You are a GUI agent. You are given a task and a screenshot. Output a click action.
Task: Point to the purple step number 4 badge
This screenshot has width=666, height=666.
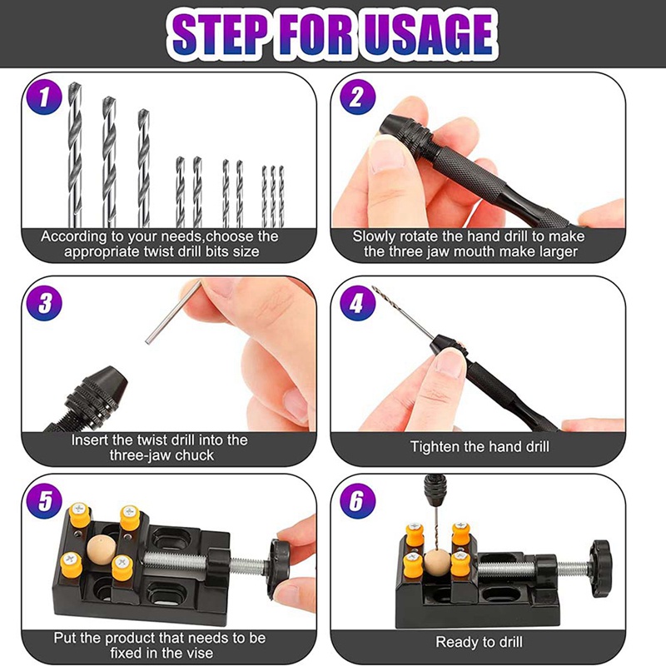pos(356,302)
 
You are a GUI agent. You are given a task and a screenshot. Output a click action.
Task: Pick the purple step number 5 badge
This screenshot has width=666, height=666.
pos(42,502)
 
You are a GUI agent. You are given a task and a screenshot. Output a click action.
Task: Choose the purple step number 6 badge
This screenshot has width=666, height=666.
pos(356,502)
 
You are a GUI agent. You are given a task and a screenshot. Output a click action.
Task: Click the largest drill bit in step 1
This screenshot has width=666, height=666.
pos(76,154)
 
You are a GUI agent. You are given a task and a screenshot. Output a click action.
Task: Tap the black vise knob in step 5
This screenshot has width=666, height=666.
pos(280,562)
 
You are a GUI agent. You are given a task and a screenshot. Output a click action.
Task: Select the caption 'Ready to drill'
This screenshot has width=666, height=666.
pos(480,642)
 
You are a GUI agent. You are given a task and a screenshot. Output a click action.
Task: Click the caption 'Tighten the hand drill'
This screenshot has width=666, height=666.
pos(480,447)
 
